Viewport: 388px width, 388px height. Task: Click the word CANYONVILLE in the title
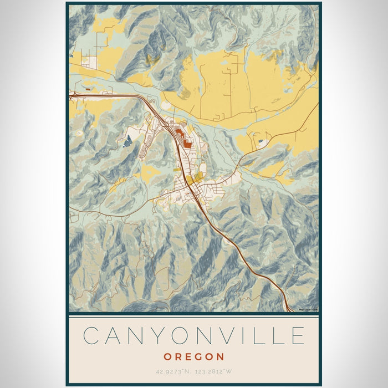(x=194, y=336)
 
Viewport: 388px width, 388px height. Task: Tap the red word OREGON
(x=194, y=357)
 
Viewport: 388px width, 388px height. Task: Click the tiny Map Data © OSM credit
(x=308, y=310)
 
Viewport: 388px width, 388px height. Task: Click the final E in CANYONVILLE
(x=298, y=336)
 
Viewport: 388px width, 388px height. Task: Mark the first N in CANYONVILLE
(x=133, y=336)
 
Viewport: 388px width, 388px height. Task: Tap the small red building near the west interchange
(x=88, y=88)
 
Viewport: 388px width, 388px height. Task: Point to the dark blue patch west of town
(x=128, y=141)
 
